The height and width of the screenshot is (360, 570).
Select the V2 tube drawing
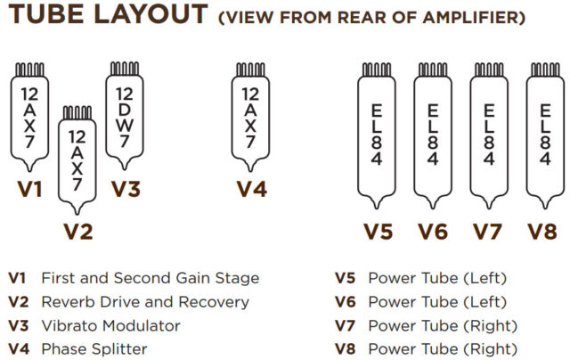77,160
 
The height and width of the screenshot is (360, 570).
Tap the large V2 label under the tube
77,232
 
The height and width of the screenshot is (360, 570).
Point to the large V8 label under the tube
544,232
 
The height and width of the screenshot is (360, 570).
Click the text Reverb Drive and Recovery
145,302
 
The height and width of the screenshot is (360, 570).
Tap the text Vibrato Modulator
110,325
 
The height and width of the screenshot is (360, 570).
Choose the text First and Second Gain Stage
151,279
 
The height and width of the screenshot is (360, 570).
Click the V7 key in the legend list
345,325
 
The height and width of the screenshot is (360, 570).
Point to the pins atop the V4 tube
250,70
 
